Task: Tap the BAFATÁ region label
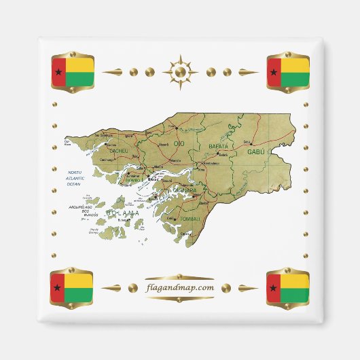(x=219, y=146)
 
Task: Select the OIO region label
(x=179, y=144)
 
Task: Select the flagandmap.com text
(x=180, y=287)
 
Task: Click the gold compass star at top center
(x=180, y=71)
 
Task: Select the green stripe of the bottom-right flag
(x=295, y=295)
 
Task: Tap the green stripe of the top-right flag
(x=295, y=79)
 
